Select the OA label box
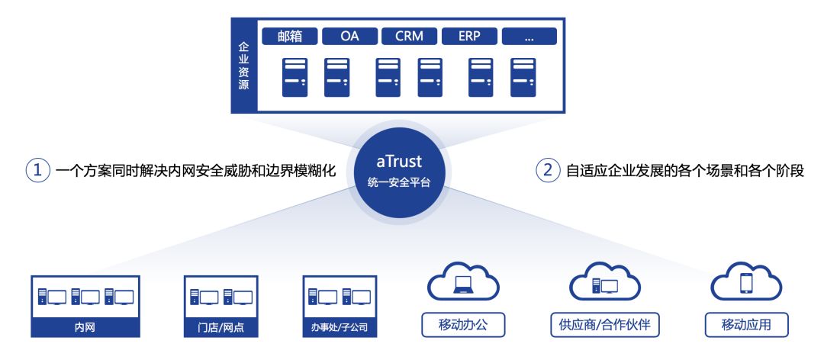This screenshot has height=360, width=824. [349, 36]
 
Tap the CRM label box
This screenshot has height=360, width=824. [409, 36]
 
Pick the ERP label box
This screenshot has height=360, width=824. [468, 36]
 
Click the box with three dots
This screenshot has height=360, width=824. [529, 36]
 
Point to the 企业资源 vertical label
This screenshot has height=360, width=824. [243, 67]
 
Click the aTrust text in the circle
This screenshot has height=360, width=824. [399, 162]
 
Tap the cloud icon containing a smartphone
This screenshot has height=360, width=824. [746, 283]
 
